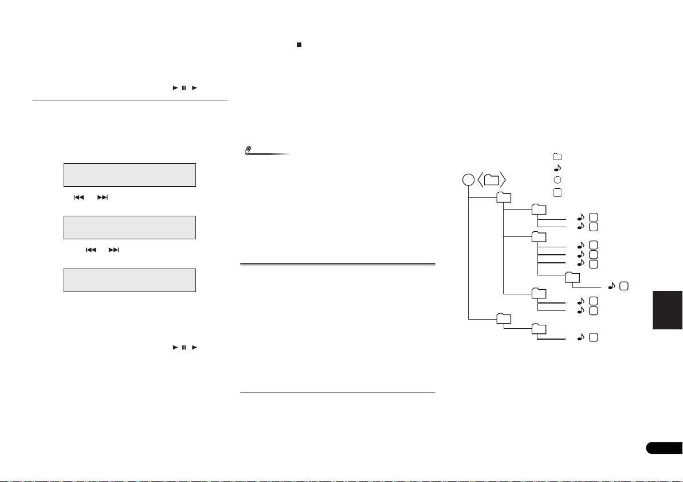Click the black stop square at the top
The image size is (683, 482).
[x=299, y=44]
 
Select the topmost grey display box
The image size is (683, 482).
[x=129, y=174]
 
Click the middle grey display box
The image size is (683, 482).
[x=129, y=227]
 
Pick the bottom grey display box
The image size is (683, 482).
[x=129, y=280]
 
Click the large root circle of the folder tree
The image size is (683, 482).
[x=468, y=180]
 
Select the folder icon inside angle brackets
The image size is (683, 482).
[x=491, y=180]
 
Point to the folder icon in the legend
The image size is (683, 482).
[x=558, y=156]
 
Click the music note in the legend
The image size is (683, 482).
[x=558, y=168]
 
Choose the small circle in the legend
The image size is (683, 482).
[x=558, y=180]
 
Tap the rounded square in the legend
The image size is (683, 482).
[x=558, y=192]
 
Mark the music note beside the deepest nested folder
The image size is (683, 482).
[x=611, y=285]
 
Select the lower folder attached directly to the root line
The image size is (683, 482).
[x=504, y=318]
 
